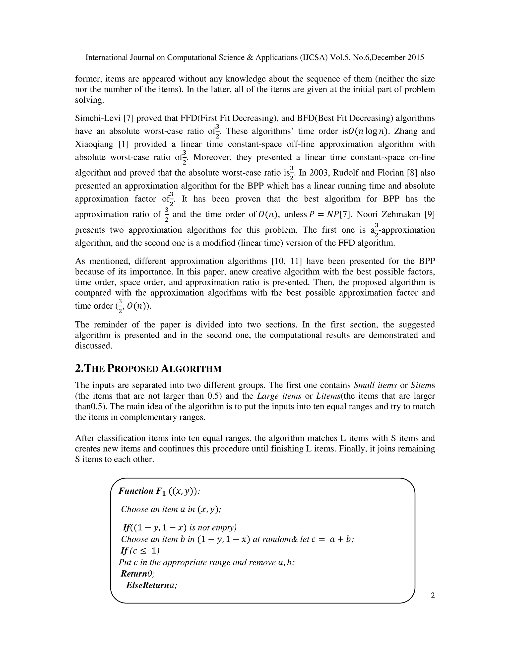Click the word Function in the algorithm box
(x=136, y=491)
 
